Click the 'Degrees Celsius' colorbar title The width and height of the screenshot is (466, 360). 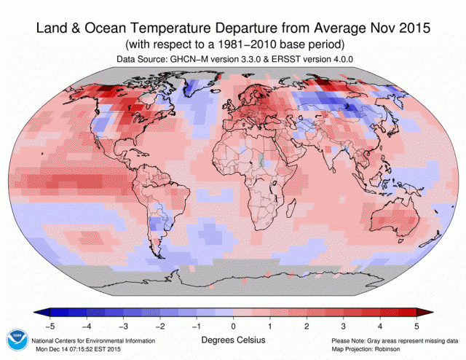[233, 340]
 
